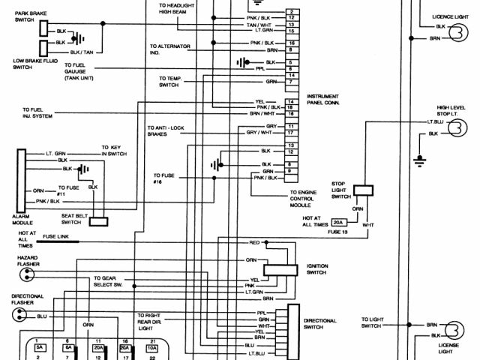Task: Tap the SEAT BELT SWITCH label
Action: pyautogui.click(x=72, y=219)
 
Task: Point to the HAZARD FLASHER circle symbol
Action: pyautogui.click(x=23, y=274)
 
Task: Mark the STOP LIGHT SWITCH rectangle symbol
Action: pyautogui.click(x=364, y=192)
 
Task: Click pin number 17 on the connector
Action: pyautogui.click(x=289, y=132)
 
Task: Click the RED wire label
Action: pyautogui.click(x=254, y=243)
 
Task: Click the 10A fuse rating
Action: pyautogui.click(x=152, y=349)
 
